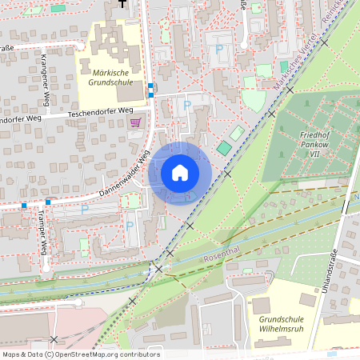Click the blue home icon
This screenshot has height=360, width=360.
coord(180,173)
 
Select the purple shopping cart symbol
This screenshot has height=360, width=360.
coord(135,122)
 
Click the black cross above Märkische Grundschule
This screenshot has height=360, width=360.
coord(122,3)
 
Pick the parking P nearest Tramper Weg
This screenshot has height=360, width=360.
coord(85,209)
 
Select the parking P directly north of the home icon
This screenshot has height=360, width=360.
coord(187,104)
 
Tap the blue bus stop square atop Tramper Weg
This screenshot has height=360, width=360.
coord(47,202)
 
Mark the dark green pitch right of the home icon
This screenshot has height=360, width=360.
coord(223,148)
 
